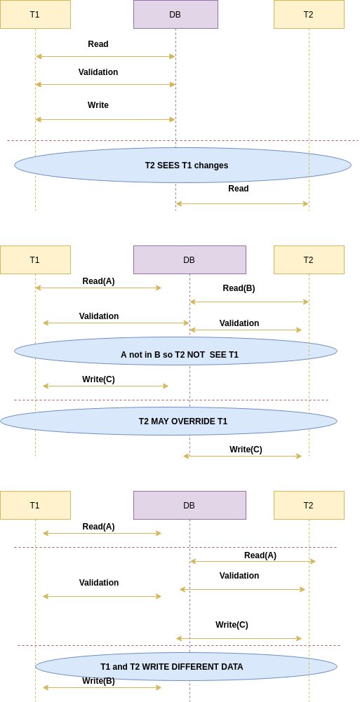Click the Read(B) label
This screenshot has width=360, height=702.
239,288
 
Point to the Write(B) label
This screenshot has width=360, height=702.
98,681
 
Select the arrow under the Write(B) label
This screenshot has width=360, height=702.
102,688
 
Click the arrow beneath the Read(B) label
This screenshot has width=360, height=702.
249,302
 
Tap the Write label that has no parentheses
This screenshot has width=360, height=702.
98,105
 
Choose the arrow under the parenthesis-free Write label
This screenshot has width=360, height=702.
105,119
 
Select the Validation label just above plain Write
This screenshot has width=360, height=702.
98,72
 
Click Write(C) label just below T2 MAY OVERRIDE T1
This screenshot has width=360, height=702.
246,450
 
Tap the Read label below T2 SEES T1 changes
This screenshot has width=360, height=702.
238,189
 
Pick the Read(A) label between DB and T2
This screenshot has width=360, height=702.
260,555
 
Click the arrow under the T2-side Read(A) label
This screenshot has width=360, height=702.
253,562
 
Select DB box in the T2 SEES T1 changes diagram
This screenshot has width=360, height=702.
175,14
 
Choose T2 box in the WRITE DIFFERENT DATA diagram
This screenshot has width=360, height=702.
309,506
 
